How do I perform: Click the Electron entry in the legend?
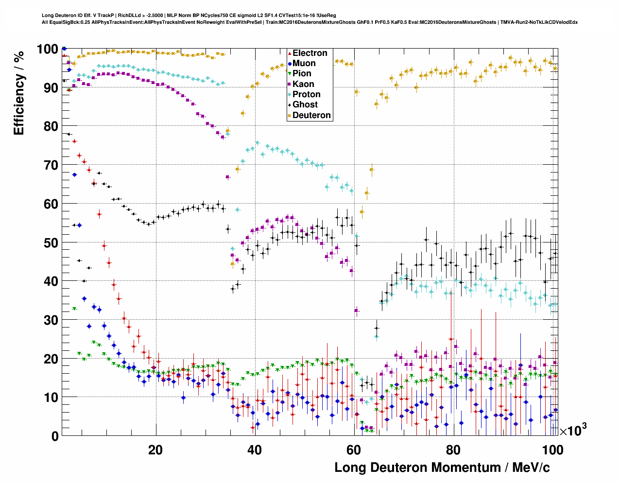[310, 53]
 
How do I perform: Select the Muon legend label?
[304, 63]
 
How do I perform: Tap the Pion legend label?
[302, 73]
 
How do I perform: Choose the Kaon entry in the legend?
[303, 84]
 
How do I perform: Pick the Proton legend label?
[306, 94]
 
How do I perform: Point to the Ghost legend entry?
[305, 104]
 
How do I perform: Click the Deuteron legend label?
[311, 115]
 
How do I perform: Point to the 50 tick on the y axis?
[51, 242]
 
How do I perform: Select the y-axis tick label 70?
[51, 165]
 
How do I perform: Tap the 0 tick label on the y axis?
[55, 436]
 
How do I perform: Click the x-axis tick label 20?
[155, 450]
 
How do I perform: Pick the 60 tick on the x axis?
[354, 450]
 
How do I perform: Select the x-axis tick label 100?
[552, 450]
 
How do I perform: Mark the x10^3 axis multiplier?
[573, 430]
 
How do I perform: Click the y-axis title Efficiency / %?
[18, 92]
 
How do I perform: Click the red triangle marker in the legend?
[290, 53]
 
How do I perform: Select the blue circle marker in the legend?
[290, 63]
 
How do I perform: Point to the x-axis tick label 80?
[453, 450]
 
